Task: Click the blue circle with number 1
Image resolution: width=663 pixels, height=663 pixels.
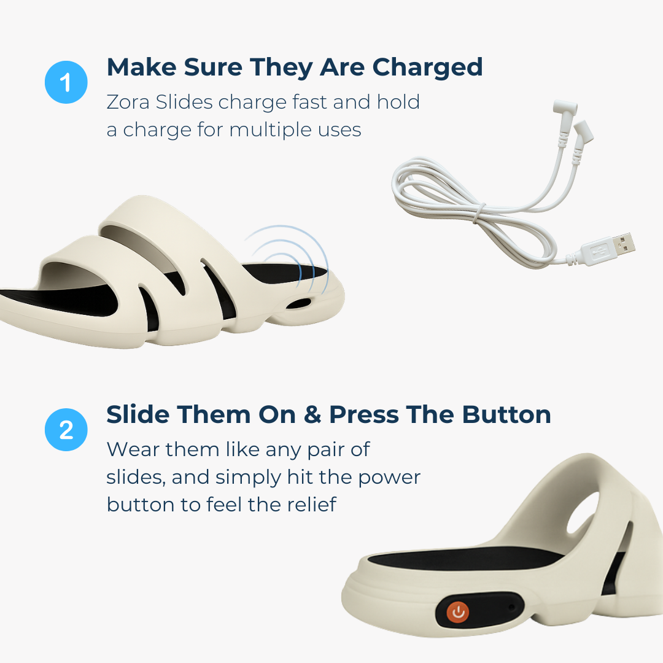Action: coord(66,82)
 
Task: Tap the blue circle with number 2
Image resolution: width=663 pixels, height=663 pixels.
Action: coord(66,429)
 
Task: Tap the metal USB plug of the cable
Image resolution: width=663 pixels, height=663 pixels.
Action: coord(622,244)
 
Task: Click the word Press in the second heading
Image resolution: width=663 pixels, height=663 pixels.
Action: coord(370,415)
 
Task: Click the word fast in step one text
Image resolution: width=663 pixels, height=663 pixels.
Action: coord(305,102)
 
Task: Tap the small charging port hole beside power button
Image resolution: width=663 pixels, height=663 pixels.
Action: coord(511,607)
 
